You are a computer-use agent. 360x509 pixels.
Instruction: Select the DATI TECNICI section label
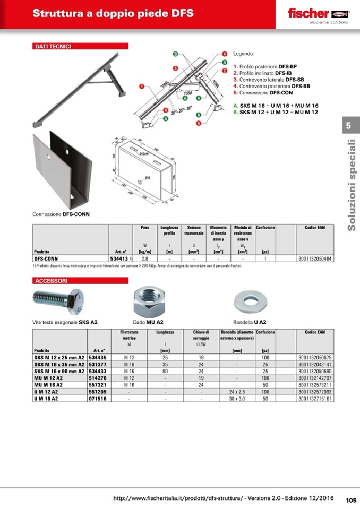tap(53, 47)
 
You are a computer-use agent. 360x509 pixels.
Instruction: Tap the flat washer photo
tap(250, 303)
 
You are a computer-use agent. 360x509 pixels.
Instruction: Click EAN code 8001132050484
tap(315, 258)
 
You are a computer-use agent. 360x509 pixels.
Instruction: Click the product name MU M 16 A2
tap(48, 384)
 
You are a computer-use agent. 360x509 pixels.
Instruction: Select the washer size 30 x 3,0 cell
tap(237, 398)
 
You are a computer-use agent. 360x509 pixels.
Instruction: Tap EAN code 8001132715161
tap(315, 398)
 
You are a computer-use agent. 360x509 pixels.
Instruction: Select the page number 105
tap(351, 499)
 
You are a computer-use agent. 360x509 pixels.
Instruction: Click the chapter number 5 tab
tap(348, 126)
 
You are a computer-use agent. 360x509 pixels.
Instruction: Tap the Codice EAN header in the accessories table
tap(315, 332)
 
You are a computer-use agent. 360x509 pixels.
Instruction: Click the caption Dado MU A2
tap(148, 322)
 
